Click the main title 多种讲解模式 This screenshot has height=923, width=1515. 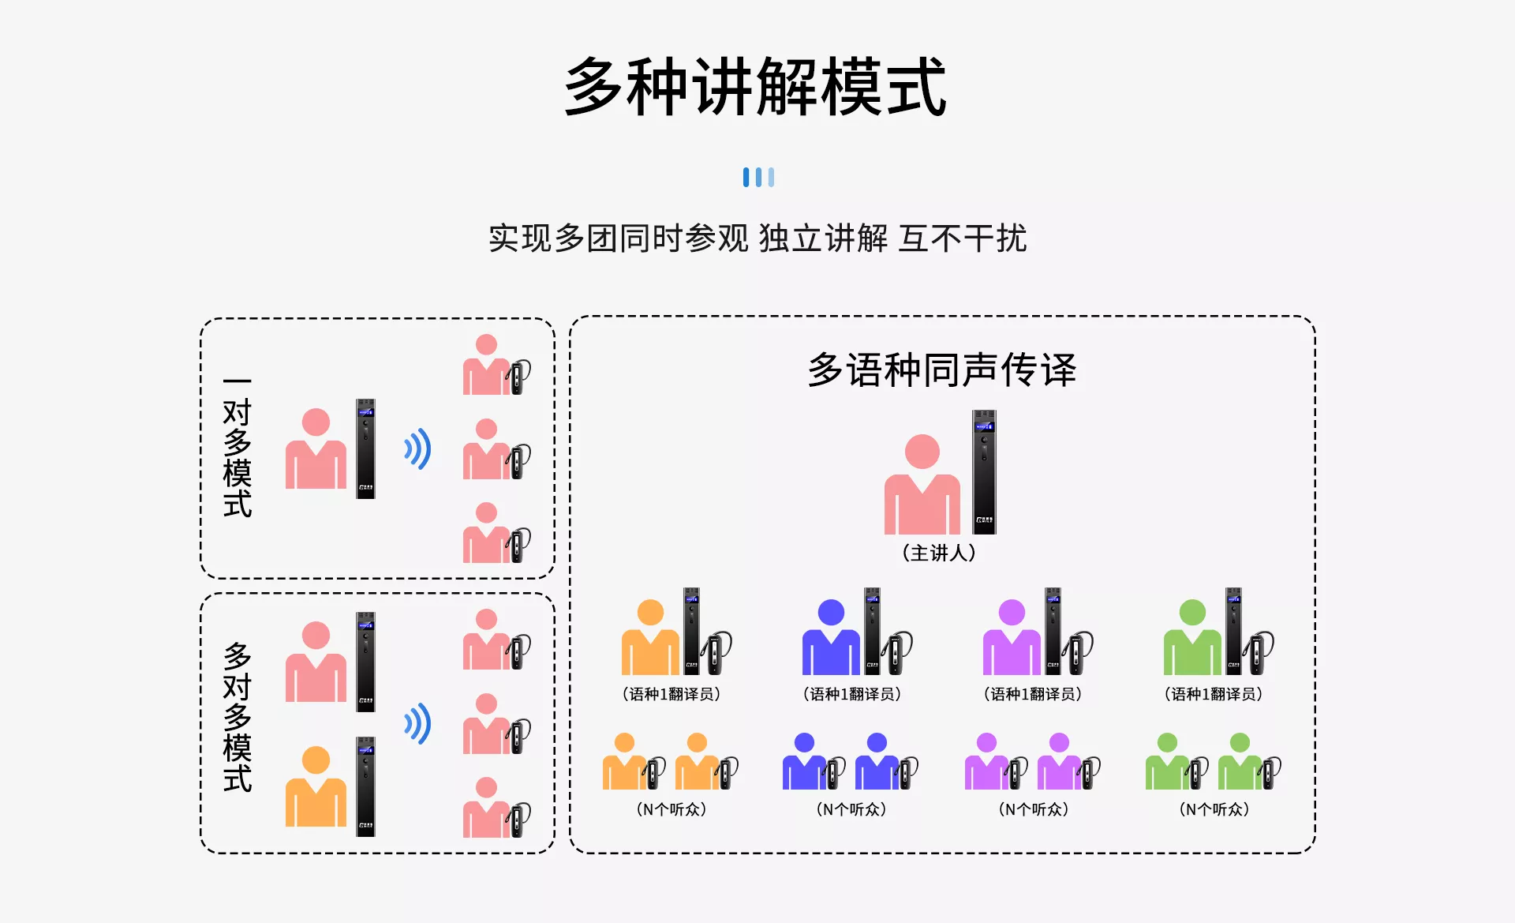pyautogui.click(x=756, y=87)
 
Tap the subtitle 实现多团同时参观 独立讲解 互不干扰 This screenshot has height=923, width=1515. pyautogui.click(x=757, y=238)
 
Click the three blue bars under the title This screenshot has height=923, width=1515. pyautogui.click(x=758, y=177)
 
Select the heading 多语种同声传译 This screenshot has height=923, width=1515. pyautogui.click(x=942, y=370)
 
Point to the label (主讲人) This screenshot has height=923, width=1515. pyautogui.click(x=939, y=553)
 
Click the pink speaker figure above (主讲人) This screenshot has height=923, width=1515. pyautogui.click(x=922, y=484)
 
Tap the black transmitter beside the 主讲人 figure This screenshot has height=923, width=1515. pyautogui.click(x=984, y=472)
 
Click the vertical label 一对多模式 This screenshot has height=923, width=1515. pyautogui.click(x=238, y=448)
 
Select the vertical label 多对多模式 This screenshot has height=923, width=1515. pyautogui.click(x=238, y=718)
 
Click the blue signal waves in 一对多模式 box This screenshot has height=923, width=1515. pyautogui.click(x=418, y=449)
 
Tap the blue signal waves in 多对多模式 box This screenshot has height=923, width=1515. pyautogui.click(x=418, y=724)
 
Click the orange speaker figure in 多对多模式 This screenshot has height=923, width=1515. pyautogui.click(x=316, y=786)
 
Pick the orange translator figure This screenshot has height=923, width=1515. pyautogui.click(x=650, y=637)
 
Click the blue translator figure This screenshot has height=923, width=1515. pyautogui.click(x=831, y=637)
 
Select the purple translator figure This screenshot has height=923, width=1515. pyautogui.click(x=1012, y=637)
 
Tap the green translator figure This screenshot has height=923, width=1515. pyautogui.click(x=1192, y=637)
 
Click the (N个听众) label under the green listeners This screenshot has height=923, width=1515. pyautogui.click(x=1214, y=809)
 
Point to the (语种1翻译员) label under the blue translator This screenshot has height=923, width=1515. pyautogui.click(x=852, y=694)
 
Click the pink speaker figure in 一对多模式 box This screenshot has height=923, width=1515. pyautogui.click(x=316, y=448)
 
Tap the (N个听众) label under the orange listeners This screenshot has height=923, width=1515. pyautogui.click(x=671, y=809)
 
